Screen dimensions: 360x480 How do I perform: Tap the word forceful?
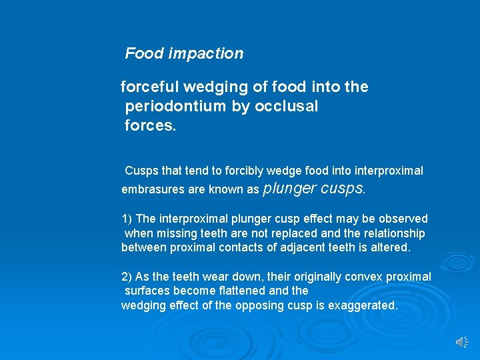148,87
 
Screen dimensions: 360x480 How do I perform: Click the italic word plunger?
290,189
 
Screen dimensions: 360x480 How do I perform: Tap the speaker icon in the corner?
462,342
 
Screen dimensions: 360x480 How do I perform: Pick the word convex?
352,277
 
